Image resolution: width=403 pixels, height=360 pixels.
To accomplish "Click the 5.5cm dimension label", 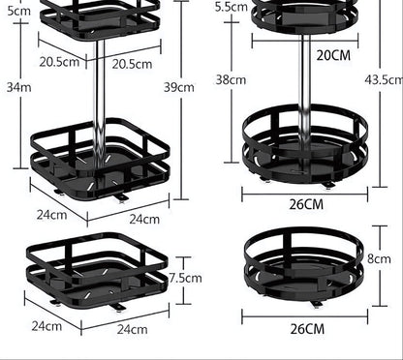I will point(231,7).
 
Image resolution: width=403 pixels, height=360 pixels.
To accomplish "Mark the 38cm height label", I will point(231,81).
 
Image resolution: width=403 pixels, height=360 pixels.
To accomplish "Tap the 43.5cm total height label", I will point(385,77).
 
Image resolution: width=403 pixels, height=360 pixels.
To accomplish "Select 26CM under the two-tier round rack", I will point(306,203).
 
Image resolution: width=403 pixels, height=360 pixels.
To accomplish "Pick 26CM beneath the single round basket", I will point(306,329).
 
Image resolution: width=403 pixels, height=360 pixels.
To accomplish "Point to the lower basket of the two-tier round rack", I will point(305,143).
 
